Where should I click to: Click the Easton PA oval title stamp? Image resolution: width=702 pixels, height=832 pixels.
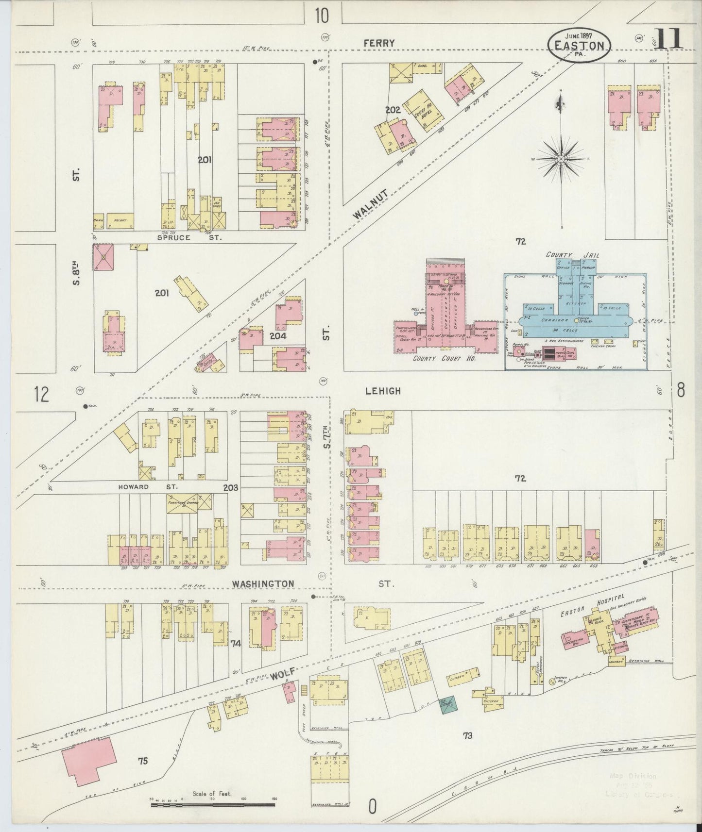(579, 45)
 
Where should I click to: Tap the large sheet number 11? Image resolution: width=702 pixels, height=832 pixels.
(668, 39)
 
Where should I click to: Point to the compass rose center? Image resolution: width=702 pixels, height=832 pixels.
(561, 159)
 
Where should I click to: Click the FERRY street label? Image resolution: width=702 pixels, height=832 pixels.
(379, 43)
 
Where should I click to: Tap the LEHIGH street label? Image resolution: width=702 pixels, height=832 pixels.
(384, 391)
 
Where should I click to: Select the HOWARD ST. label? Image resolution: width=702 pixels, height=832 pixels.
(148, 486)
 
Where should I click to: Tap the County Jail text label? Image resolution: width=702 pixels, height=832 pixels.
(566, 254)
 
